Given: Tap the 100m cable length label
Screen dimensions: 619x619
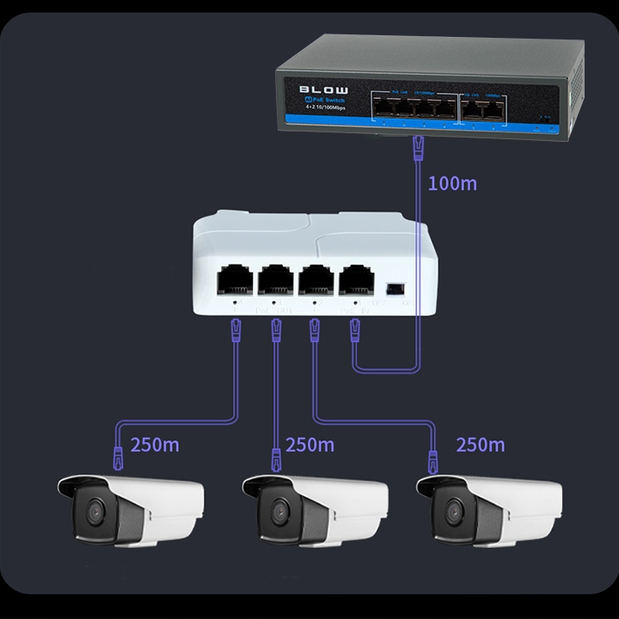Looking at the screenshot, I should click(x=451, y=183).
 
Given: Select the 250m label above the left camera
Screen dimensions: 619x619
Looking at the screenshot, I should click(x=155, y=445).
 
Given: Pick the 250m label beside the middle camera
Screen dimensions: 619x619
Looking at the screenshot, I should click(x=309, y=445).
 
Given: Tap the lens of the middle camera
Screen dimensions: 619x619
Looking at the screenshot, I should click(x=276, y=514).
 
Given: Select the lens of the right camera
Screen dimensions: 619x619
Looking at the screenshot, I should click(x=448, y=514).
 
